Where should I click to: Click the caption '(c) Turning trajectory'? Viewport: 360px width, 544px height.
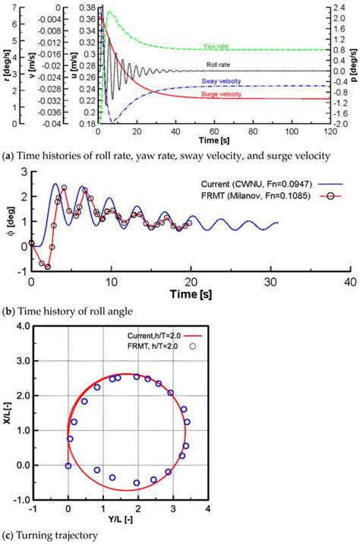51,536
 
